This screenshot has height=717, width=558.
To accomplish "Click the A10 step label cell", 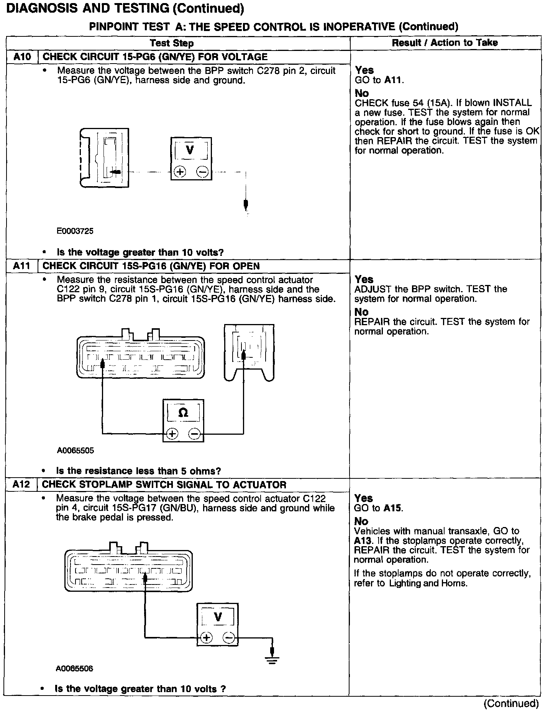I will [x=22, y=57].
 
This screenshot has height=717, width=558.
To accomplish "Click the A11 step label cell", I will [x=21, y=266].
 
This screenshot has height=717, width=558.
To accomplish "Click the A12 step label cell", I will [x=21, y=485].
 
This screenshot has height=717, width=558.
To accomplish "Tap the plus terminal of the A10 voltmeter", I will [x=179, y=172].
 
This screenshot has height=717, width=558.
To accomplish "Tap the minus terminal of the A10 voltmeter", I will [x=203, y=172].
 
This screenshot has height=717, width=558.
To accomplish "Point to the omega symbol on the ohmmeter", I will [x=183, y=413].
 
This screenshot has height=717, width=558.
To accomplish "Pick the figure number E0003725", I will [x=75, y=231].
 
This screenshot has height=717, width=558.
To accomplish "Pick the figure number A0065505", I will [x=75, y=451].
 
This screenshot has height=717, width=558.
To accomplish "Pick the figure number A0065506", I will [x=74, y=669].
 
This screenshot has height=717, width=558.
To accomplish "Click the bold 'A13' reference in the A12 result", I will [x=361, y=541].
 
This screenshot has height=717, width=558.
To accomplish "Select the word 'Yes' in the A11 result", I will [x=364, y=280].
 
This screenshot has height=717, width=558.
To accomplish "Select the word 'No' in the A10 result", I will [x=362, y=93].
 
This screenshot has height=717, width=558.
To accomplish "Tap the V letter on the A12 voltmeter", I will [x=218, y=617].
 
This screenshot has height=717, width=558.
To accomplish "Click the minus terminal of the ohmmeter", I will [x=195, y=434].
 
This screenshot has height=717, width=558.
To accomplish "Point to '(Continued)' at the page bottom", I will [x=511, y=704].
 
